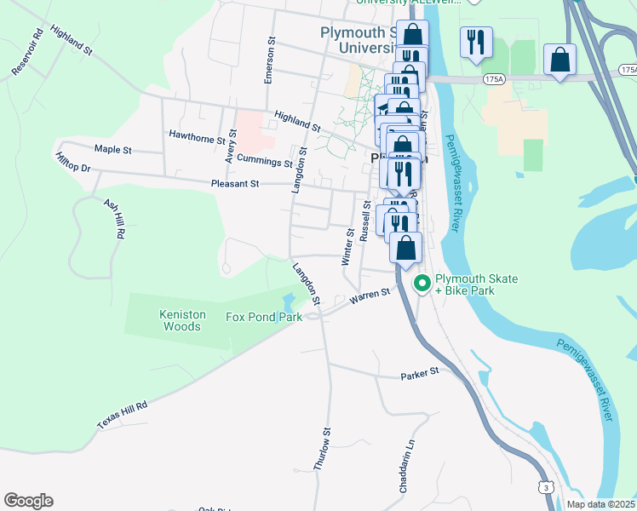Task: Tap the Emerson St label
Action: (270, 60)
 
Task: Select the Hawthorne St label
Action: (196, 135)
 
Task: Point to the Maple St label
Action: (113, 149)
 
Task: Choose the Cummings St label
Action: (265, 159)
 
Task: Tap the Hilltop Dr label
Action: (72, 163)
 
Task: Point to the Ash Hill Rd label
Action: (114, 219)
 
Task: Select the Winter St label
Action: (347, 246)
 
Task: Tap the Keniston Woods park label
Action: (182, 320)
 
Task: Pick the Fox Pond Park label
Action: (264, 318)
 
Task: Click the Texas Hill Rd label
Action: (122, 415)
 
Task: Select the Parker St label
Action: (419, 373)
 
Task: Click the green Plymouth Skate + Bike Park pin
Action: (421, 284)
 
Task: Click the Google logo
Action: (28, 501)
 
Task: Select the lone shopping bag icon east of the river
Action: (560, 60)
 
